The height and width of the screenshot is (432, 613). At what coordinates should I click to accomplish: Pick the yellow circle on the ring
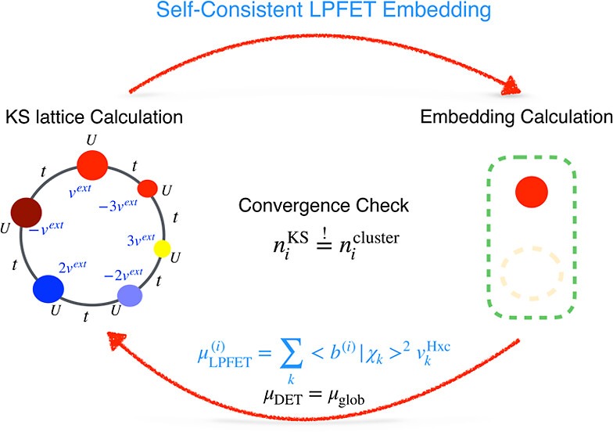tap(162, 250)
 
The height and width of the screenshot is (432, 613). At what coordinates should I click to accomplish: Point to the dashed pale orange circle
tap(531, 271)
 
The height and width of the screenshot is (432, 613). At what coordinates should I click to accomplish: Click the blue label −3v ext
tap(117, 205)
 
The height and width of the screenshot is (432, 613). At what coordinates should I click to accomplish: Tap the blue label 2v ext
tap(73, 267)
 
